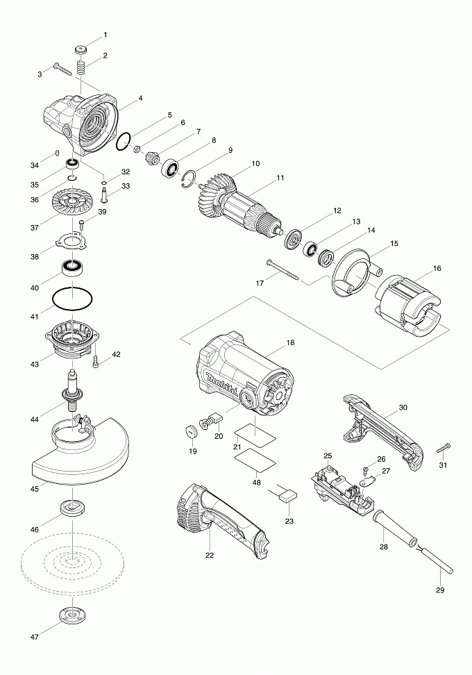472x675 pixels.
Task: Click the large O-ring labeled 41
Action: [72, 299]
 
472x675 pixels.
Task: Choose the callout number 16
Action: [436, 268]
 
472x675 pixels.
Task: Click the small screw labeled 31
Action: [444, 447]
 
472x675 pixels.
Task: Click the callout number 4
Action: [140, 99]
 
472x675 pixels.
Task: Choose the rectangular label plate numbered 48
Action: [253, 460]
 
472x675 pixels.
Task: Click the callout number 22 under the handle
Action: [210, 555]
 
